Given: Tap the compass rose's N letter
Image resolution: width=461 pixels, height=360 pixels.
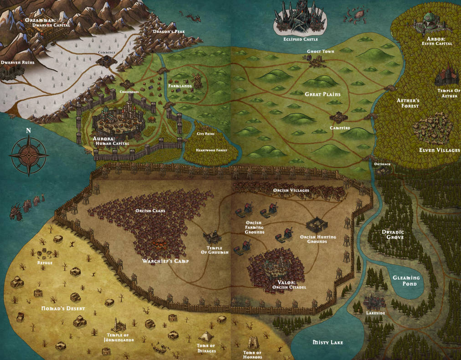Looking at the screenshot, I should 28,131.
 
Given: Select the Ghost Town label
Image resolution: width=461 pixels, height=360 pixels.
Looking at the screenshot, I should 320,51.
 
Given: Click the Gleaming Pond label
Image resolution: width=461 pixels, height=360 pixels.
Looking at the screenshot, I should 407,281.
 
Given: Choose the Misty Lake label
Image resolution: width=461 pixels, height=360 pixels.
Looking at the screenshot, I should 328,342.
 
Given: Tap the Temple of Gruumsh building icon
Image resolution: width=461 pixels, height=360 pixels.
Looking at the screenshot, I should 211,237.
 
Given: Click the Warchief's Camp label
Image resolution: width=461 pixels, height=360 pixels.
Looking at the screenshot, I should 165,261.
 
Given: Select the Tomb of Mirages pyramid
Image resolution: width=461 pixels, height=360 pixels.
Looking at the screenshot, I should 206,337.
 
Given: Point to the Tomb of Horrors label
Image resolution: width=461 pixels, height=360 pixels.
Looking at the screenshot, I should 252,355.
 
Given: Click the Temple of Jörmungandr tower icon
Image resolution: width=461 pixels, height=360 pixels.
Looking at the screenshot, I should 118,324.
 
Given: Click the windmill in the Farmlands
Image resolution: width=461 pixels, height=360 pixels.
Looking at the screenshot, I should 196,80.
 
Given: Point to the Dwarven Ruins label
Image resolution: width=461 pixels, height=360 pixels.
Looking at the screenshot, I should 18,62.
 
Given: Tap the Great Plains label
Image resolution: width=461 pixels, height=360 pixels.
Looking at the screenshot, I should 323,94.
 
